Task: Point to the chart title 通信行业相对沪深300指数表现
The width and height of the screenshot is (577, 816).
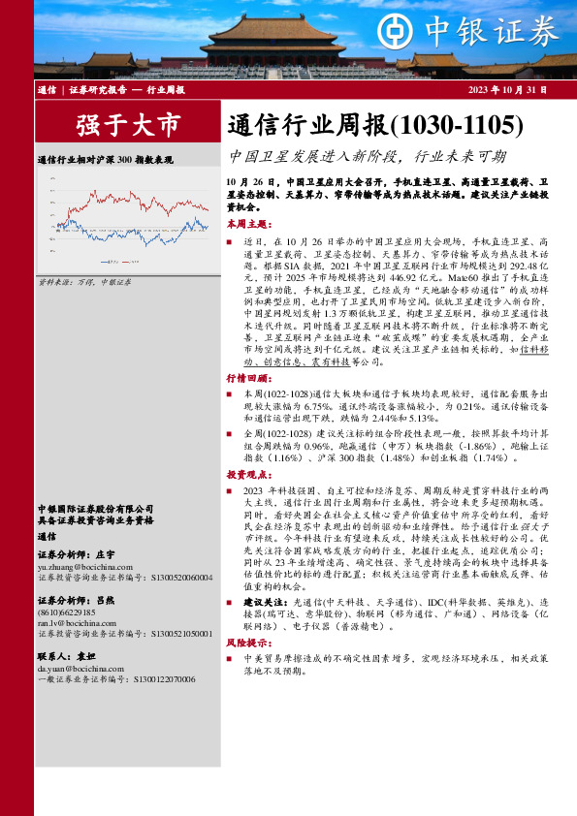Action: pyautogui.click(x=105, y=158)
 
